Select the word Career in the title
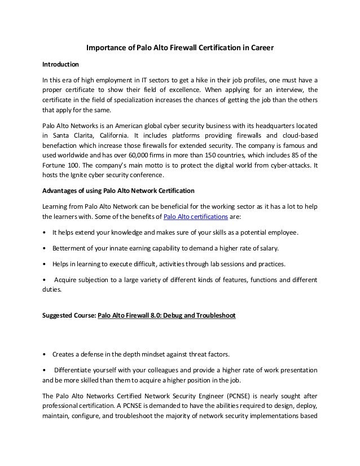260,49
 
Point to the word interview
286,89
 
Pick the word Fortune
55,167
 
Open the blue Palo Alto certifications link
195,218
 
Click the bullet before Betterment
45,247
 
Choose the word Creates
64,354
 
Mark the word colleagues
164,370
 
